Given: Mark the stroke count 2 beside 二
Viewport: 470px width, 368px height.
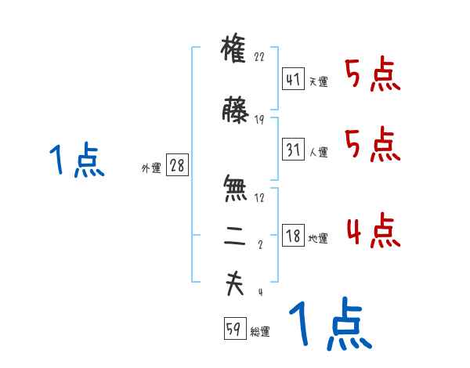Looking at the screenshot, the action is (x=259, y=245).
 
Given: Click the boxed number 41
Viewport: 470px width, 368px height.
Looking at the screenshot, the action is (x=293, y=79).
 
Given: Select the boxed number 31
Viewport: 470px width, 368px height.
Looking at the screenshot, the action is (x=293, y=149).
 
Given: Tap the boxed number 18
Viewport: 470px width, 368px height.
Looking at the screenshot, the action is (x=293, y=236).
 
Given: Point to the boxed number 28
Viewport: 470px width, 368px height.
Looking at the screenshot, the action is (x=177, y=165).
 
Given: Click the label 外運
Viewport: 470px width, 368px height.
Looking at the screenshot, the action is (x=150, y=168).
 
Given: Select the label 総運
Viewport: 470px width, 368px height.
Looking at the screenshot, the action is (x=260, y=333).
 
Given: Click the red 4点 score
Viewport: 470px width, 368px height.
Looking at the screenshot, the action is (x=373, y=232).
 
